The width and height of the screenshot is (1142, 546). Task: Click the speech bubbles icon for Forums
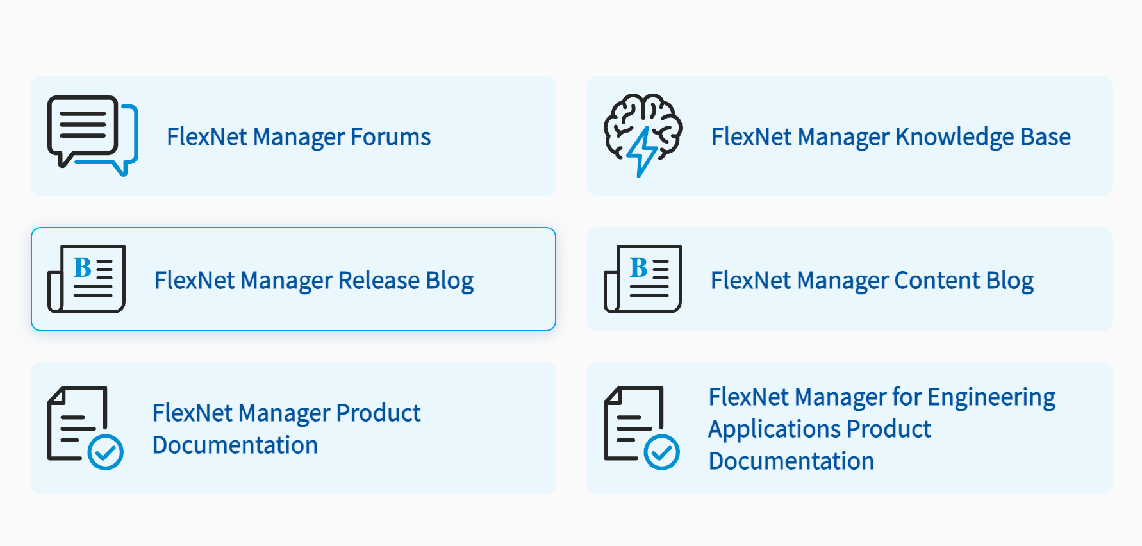(x=92, y=135)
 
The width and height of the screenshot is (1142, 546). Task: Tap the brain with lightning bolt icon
(x=643, y=135)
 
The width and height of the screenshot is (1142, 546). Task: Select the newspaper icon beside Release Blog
(x=87, y=279)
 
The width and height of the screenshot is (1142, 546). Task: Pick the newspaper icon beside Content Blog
(x=643, y=279)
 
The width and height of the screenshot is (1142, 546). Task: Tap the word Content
(x=937, y=280)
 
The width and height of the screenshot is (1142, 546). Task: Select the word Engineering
(x=991, y=398)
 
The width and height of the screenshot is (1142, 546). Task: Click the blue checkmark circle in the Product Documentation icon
(x=106, y=452)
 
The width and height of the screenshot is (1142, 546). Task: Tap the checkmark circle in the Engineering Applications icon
(x=662, y=452)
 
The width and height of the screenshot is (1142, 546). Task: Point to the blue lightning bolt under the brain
(x=642, y=152)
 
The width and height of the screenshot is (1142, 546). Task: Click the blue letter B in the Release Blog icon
(x=83, y=267)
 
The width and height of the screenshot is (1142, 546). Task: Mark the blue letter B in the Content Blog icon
(x=639, y=267)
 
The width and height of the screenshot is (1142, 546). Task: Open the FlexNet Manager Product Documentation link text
(x=286, y=429)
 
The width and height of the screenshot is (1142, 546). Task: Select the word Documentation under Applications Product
(x=791, y=461)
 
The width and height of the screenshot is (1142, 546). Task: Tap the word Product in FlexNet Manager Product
(x=378, y=413)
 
